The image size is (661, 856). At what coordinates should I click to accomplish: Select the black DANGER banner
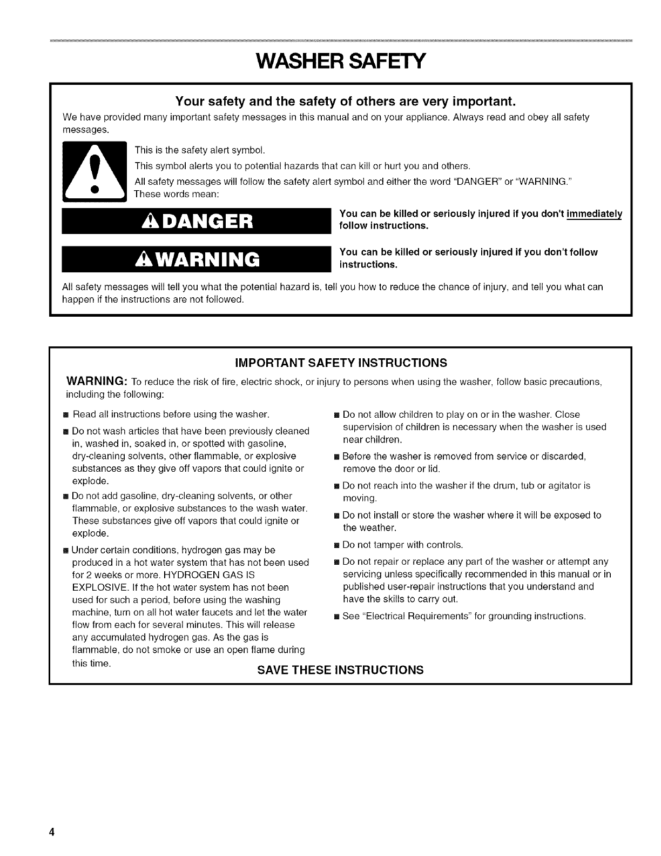pyautogui.click(x=196, y=221)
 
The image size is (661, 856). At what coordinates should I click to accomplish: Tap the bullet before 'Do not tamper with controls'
pyautogui.click(x=336, y=545)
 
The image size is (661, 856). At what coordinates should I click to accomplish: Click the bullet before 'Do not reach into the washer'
pyautogui.click(x=336, y=486)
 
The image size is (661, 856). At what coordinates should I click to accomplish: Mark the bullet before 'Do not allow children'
pyautogui.click(x=336, y=415)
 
